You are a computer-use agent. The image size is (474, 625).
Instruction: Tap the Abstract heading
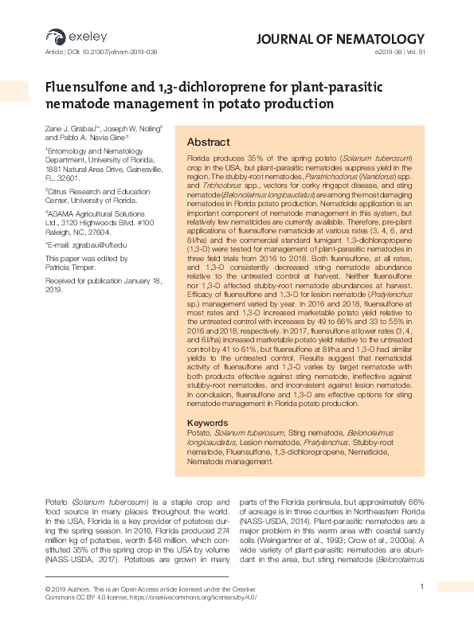click(x=208, y=142)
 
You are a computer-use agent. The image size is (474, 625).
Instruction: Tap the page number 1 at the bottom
click(x=421, y=588)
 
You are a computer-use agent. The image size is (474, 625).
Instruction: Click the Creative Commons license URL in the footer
click(x=195, y=596)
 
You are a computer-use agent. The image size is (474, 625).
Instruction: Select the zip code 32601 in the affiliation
click(x=70, y=178)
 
